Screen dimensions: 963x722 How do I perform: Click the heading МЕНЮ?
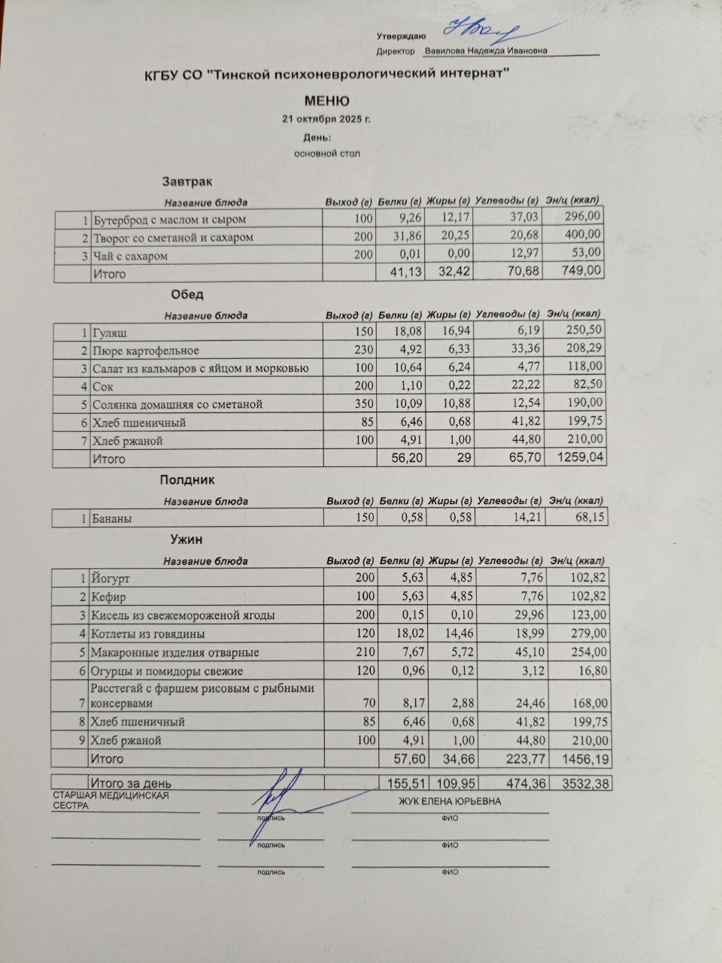point(326,101)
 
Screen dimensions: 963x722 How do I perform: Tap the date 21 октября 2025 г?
point(326,120)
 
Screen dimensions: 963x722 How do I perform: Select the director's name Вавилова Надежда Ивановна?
point(485,51)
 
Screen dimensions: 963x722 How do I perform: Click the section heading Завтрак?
point(187,181)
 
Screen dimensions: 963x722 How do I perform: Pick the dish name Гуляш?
point(108,333)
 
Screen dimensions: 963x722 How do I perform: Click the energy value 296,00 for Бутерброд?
point(584,219)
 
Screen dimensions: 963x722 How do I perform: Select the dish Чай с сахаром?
point(130,256)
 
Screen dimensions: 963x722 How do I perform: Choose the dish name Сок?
point(102,387)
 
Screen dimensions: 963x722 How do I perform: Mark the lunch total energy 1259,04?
point(579,458)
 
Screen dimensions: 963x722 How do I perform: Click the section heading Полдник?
point(187,479)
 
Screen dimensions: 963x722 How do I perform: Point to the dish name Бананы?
point(111,518)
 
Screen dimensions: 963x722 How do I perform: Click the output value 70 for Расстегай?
point(367,703)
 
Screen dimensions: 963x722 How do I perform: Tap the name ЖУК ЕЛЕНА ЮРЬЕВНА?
point(450,801)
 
